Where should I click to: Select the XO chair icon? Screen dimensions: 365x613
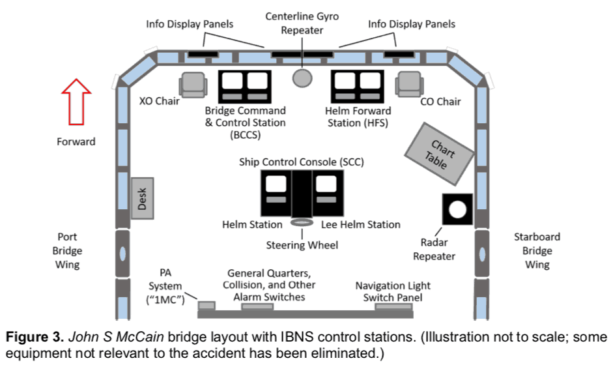(x=193, y=84)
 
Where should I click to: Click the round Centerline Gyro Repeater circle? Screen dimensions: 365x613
(x=302, y=78)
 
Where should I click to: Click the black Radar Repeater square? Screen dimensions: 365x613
(x=456, y=209)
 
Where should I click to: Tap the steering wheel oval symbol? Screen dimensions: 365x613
(x=302, y=223)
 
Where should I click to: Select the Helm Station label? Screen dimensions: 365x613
(x=252, y=224)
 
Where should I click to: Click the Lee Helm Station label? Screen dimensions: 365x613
(x=360, y=224)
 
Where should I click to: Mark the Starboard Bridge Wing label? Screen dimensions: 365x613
(x=537, y=251)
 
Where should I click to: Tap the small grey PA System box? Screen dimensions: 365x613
(x=207, y=305)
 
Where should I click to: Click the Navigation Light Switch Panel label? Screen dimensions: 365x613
(x=393, y=291)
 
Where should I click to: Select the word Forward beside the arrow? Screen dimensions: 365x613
(x=76, y=141)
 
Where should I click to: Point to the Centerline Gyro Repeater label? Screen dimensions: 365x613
(x=302, y=23)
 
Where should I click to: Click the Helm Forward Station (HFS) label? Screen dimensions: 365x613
(x=356, y=117)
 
